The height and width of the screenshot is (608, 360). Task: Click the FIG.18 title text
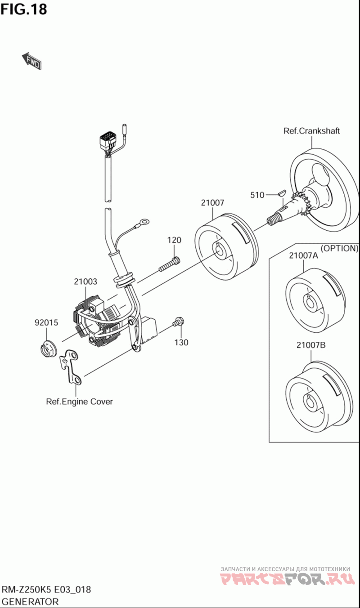[x=23, y=9]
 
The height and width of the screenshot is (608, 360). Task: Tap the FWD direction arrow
[x=32, y=61]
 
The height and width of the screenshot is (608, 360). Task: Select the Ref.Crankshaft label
[x=311, y=131]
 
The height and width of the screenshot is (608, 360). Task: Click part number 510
[x=257, y=195]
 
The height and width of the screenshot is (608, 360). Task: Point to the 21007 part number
[x=212, y=203]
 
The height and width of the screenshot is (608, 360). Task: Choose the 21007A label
[x=303, y=256]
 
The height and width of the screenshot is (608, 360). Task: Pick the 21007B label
[x=311, y=345]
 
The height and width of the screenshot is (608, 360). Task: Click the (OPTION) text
[x=339, y=248]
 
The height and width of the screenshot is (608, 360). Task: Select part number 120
[x=174, y=240]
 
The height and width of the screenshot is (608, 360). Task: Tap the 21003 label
[x=85, y=282]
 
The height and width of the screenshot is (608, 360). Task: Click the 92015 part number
[x=46, y=322]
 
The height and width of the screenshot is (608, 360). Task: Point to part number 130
[x=181, y=342]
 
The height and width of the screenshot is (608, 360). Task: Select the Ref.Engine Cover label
[x=79, y=402]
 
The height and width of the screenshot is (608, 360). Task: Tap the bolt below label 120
[x=170, y=264]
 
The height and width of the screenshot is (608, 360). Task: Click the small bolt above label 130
[x=178, y=322]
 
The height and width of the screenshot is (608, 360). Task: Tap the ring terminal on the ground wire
[x=144, y=222]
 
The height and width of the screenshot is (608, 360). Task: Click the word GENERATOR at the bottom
[x=30, y=601]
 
